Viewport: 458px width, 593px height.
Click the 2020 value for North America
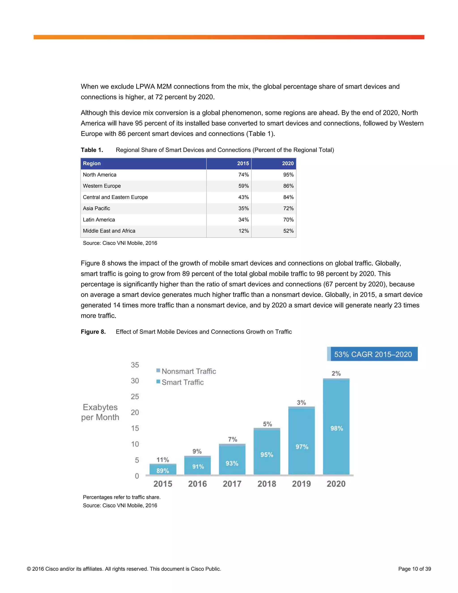288,175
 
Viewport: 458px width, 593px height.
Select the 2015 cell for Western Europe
243,186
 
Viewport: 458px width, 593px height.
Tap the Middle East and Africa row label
109,231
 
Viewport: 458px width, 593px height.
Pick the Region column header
92,163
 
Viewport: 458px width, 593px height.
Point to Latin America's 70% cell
288,220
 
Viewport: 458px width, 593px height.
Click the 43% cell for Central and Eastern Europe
243,197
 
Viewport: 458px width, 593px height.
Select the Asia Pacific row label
97,208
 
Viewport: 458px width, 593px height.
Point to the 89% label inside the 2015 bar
163,471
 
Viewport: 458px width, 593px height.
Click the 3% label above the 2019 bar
301,402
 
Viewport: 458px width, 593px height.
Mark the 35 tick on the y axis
135,365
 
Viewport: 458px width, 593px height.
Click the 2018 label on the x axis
267,484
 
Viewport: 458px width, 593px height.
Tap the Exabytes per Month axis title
100,412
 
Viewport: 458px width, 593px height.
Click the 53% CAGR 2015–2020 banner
372,354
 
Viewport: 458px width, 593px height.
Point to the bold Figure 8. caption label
93,332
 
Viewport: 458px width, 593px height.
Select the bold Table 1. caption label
92,150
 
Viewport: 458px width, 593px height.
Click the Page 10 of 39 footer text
414,569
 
